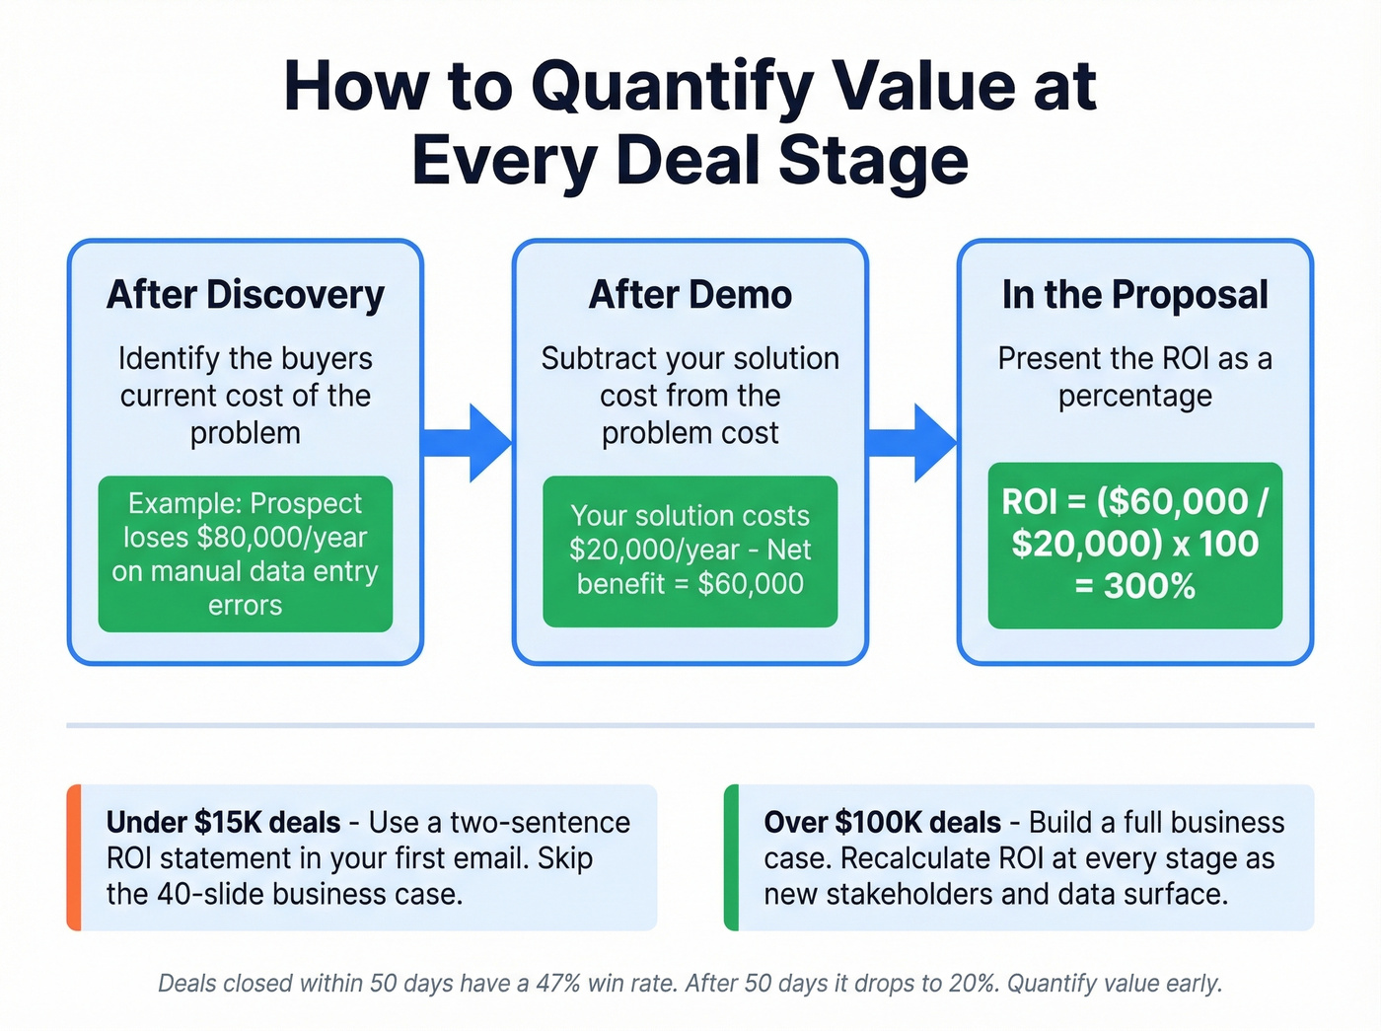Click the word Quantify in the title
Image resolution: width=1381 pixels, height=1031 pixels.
(672, 87)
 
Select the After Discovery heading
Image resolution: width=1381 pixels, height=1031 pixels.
(246, 295)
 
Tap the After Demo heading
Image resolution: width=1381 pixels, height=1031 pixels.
(690, 295)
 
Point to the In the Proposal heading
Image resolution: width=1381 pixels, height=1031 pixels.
(1134, 295)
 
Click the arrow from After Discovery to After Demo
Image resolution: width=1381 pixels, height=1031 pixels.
(469, 442)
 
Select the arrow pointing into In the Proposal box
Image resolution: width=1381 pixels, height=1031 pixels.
(913, 442)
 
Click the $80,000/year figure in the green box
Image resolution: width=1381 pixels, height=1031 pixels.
(281, 538)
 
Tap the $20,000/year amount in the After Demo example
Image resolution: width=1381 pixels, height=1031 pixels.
(654, 550)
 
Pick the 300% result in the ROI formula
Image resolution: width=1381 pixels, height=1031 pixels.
(1149, 587)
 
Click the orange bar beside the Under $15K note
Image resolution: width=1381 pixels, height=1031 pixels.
(73, 857)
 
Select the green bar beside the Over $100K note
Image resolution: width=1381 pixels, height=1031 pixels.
(731, 857)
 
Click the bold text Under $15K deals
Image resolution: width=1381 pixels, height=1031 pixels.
(223, 822)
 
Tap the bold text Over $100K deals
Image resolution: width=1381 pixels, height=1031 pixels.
(882, 822)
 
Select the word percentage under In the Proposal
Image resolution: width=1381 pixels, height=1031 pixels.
(1134, 397)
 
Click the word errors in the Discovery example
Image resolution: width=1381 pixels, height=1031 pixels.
(245, 605)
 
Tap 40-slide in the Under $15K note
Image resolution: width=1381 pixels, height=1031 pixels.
(209, 894)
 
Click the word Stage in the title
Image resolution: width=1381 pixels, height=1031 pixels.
(873, 161)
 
